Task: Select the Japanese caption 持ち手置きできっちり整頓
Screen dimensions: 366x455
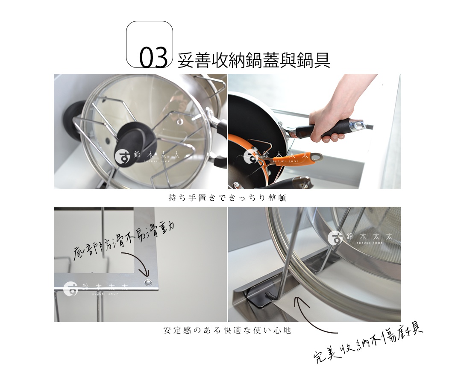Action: (227, 198)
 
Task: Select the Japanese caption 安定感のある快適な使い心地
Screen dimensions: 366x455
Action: (227, 330)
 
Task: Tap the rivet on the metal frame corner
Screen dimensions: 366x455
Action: (148, 282)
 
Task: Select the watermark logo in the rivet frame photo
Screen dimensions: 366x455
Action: (71, 288)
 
